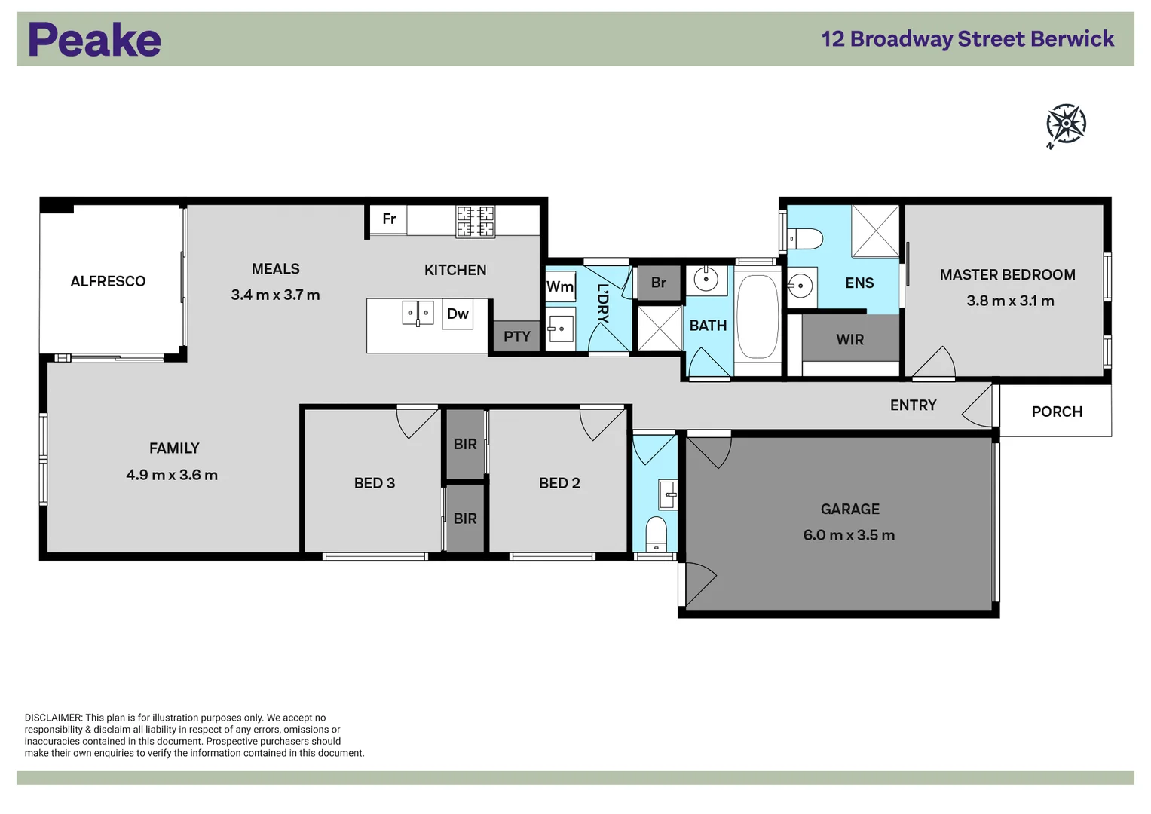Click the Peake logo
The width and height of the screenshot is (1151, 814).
[x=95, y=40]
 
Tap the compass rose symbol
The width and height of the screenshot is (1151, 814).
[x=1066, y=124]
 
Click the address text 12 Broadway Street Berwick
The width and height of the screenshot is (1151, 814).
[x=967, y=39]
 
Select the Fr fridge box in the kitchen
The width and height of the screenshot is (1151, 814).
[x=389, y=219]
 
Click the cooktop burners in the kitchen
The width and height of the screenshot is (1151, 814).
[x=475, y=222]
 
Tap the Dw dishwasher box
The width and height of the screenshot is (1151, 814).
[x=458, y=314]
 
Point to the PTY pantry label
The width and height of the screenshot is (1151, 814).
[x=517, y=337]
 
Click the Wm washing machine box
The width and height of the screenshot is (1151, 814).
[x=560, y=286]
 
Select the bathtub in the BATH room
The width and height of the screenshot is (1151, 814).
[x=757, y=316]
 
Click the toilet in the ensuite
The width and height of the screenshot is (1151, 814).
[x=804, y=239]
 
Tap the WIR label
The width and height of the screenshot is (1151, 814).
[x=849, y=340]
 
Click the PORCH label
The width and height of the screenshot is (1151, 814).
[x=1057, y=412]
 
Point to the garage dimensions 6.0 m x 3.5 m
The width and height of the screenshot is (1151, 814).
[x=849, y=535]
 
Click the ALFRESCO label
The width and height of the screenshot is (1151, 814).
[x=108, y=281]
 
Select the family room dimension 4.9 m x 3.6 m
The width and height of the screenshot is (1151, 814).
[x=172, y=475]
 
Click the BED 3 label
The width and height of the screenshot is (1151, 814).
[x=375, y=483]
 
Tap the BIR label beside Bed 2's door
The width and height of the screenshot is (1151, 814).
[x=465, y=445]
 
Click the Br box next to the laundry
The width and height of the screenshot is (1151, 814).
[x=659, y=283]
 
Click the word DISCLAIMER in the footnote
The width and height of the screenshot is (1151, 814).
[x=53, y=718]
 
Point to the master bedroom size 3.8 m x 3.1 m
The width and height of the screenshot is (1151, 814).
[x=1010, y=301]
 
